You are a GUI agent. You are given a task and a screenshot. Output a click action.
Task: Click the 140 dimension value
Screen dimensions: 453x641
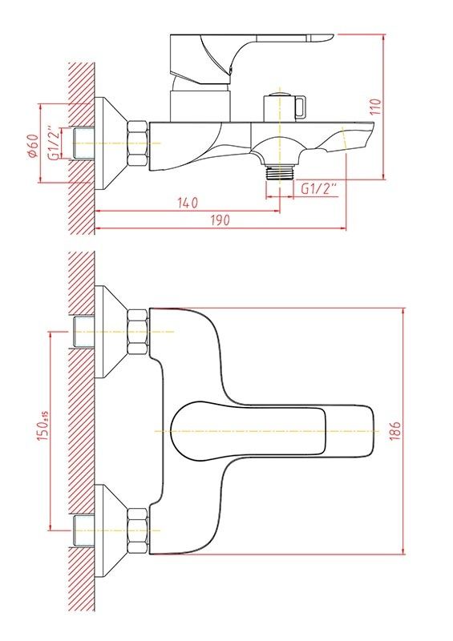[x=188, y=203]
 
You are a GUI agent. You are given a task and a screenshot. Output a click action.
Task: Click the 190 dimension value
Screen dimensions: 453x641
[x=220, y=220]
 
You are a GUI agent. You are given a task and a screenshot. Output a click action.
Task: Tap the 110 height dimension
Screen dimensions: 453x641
[x=377, y=107]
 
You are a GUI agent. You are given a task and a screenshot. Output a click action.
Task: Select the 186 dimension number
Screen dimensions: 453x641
[x=395, y=431]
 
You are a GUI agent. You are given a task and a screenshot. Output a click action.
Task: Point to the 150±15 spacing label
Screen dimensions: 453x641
[x=43, y=426]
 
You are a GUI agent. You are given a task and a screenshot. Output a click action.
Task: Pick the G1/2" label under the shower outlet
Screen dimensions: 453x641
[x=319, y=189]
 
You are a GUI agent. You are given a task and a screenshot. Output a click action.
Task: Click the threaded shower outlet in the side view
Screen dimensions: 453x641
[x=280, y=172]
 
